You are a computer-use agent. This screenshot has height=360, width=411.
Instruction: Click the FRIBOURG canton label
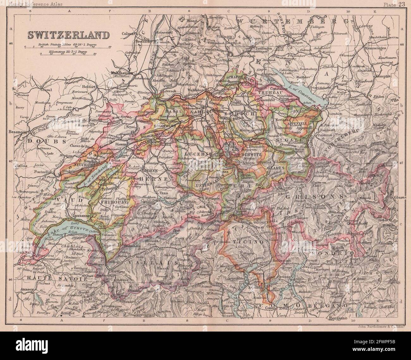tap(114, 201)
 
